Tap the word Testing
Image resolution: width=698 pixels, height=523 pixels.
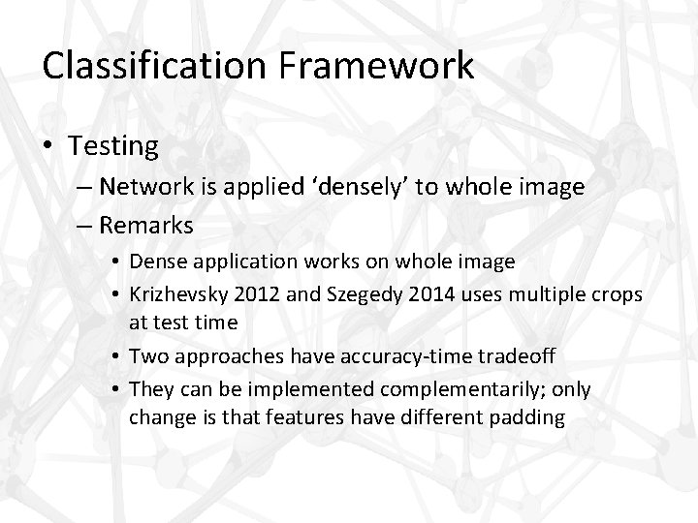point(113,146)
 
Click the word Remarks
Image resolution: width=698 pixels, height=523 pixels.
point(145,226)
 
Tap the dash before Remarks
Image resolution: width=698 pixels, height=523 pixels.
point(81,226)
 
